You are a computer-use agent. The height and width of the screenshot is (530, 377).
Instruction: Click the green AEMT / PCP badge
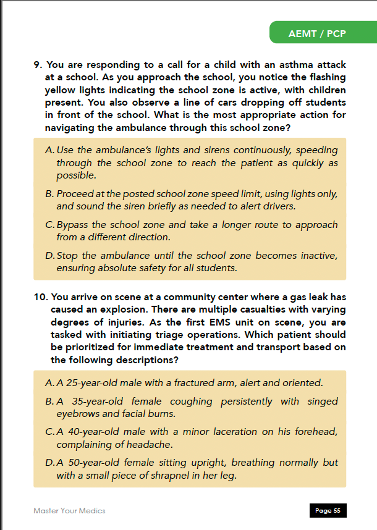[316, 33]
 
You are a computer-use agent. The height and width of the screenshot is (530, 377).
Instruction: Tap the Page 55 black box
[328, 511]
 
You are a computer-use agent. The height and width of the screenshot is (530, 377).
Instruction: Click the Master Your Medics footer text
[69, 511]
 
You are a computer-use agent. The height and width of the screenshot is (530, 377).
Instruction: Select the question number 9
[37, 65]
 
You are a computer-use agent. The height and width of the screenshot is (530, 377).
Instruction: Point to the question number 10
[40, 297]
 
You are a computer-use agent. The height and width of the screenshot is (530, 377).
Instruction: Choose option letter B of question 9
[49, 194]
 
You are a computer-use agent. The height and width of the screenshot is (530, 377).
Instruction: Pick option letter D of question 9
[49, 256]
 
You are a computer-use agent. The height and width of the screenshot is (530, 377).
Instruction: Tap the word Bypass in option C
[72, 225]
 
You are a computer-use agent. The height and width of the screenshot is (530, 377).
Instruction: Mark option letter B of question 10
[49, 402]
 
